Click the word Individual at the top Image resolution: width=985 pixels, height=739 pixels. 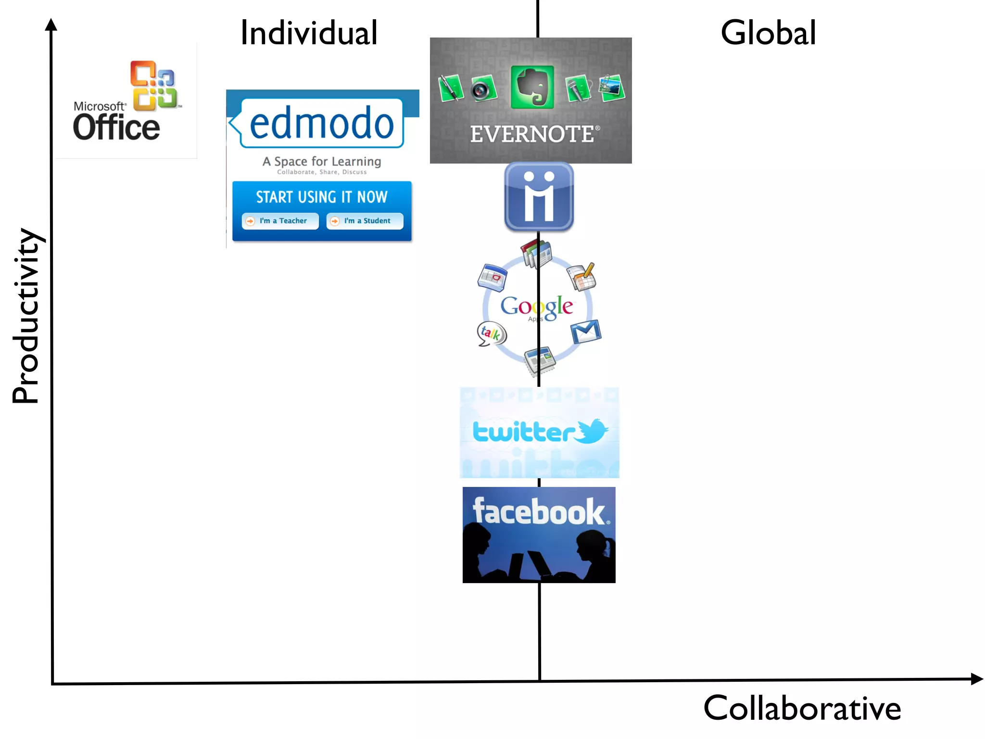[x=309, y=33]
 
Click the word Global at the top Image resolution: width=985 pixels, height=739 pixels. [x=768, y=33]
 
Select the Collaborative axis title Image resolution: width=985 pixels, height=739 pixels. [x=802, y=708]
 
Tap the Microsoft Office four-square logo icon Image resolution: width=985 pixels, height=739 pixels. [x=153, y=85]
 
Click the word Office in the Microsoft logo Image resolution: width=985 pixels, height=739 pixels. [x=116, y=127]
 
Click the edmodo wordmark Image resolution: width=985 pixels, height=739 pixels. [x=321, y=123]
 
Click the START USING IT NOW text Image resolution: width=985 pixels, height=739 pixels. [x=321, y=197]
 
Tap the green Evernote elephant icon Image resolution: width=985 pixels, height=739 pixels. [x=532, y=87]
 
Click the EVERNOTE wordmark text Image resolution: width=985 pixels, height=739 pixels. [x=531, y=134]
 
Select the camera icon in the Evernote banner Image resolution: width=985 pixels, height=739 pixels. [x=482, y=89]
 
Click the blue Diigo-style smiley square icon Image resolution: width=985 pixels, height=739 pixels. [x=539, y=196]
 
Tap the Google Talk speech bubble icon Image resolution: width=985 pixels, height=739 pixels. [x=491, y=333]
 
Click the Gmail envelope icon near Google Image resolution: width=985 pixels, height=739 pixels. [x=585, y=331]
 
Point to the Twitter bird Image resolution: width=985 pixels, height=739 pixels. [x=593, y=430]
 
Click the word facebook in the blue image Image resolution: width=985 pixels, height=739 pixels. [x=538, y=511]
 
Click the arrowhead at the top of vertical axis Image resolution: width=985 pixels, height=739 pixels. [x=51, y=25]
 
